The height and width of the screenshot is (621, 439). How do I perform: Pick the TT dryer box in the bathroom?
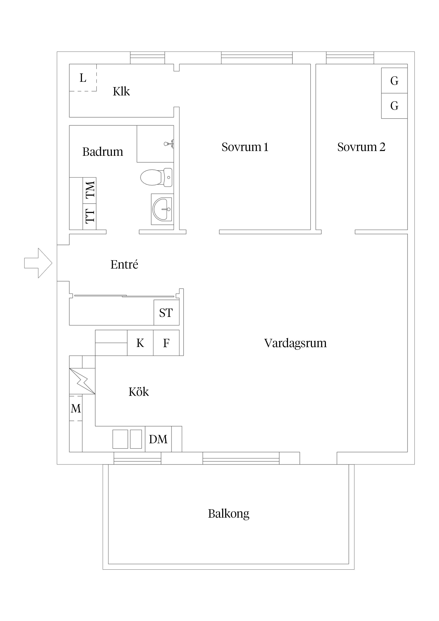point(90,216)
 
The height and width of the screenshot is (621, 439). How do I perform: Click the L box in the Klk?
point(83,78)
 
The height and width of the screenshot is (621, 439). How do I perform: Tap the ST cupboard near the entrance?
point(166,313)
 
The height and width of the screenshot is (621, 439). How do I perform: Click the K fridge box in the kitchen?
point(140,343)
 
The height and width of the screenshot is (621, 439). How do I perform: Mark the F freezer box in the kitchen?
point(166,343)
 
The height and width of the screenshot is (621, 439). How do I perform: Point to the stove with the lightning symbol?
point(82,381)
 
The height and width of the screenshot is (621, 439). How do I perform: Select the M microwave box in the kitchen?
point(76,408)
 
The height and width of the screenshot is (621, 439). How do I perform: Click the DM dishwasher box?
point(158,439)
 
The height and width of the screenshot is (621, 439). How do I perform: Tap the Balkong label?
point(229,513)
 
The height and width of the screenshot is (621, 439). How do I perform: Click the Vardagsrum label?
point(295,343)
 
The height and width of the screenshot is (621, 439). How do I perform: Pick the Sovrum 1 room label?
point(245,147)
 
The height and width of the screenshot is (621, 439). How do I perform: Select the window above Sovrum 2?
point(350,58)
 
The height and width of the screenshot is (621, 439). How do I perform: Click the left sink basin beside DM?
point(120,439)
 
